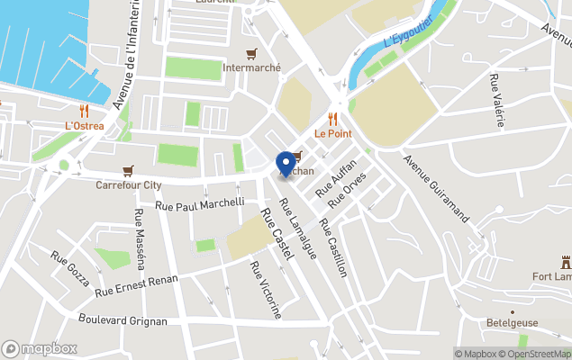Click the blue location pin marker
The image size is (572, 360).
click(x=286, y=164)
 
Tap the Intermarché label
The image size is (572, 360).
click(x=251, y=67)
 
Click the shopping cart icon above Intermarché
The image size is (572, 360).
click(x=251, y=52)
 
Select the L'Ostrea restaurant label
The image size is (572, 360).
click(x=85, y=126)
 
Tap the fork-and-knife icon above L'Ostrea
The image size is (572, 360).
click(x=85, y=111)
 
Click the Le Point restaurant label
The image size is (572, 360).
click(x=332, y=133)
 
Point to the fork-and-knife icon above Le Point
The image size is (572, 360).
click(x=332, y=118)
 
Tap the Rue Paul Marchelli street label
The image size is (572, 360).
click(x=200, y=204)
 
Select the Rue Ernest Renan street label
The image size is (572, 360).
click(x=137, y=282)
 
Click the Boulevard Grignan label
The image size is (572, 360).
click(x=123, y=320)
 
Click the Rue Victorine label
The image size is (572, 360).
click(x=266, y=291)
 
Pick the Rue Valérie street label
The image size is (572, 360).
click(x=498, y=102)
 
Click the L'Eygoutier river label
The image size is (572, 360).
click(x=408, y=31)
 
